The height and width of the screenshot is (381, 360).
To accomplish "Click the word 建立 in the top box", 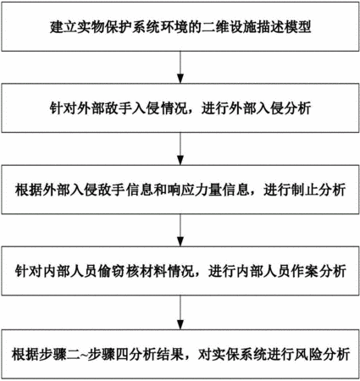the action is tap(64, 27).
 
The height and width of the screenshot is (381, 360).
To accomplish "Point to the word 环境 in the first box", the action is tap(174, 27).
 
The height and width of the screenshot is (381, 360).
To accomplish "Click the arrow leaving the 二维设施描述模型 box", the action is tap(180, 67).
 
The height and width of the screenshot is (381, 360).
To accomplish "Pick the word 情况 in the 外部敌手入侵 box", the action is tap(174, 108).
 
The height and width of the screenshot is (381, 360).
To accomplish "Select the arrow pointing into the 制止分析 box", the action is tap(180, 149).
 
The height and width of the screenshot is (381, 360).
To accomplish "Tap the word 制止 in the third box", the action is tap(304, 190).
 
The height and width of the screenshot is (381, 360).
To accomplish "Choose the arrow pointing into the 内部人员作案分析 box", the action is tap(180, 230).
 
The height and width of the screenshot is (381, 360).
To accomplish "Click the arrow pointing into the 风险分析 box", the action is tap(180, 312).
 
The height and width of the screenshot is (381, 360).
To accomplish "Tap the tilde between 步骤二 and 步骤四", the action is tap(85, 355).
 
